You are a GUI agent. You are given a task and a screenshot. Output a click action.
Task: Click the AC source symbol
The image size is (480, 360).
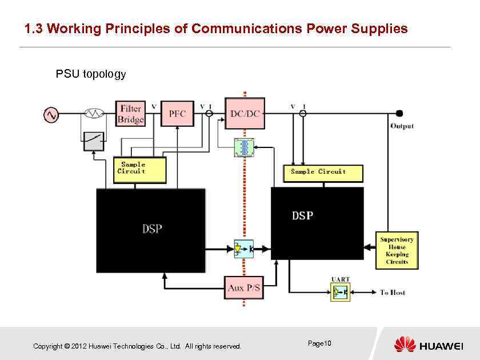51,115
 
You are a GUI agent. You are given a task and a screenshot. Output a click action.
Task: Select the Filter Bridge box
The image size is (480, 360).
131,114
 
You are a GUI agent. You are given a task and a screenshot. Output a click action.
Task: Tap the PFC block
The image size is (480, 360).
177,114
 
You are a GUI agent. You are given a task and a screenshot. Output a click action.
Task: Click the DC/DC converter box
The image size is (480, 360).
245,113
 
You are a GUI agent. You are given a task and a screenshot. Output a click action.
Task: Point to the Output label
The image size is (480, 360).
402,126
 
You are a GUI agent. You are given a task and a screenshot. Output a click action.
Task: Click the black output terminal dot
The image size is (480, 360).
399,113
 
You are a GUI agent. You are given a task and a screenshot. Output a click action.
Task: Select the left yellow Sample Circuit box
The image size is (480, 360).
140,170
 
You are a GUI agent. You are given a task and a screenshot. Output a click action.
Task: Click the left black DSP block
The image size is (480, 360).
151,230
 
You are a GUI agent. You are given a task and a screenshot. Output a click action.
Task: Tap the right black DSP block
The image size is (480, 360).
317,223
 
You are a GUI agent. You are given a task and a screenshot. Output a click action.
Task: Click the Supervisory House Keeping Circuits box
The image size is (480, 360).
397,250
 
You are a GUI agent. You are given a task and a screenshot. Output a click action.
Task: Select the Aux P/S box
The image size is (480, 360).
244,288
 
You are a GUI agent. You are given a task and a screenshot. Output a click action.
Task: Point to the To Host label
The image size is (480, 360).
393,293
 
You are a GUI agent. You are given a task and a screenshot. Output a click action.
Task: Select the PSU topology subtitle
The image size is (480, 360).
90,74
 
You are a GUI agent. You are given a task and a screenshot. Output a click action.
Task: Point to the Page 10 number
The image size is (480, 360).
319,343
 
